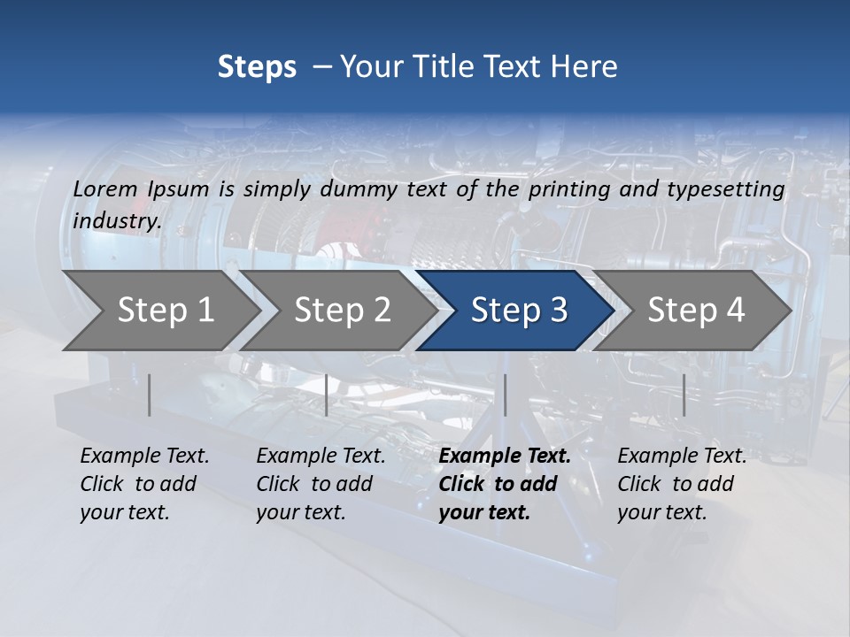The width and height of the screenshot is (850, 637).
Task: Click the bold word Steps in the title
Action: point(257,67)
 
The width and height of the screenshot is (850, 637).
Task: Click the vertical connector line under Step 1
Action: point(150,395)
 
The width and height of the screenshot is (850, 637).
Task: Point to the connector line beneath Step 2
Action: point(327,395)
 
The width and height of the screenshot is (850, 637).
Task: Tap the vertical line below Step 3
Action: point(505,395)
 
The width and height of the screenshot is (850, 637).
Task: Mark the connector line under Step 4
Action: point(684,395)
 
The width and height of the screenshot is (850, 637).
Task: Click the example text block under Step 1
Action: point(143,484)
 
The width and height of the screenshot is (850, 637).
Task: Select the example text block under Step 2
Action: point(320,484)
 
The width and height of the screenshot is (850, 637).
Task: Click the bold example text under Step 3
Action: point(504,484)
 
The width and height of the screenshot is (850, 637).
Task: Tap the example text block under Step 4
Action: point(681,484)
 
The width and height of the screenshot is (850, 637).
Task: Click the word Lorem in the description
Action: point(105,188)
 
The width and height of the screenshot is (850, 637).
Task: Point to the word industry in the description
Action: point(116,220)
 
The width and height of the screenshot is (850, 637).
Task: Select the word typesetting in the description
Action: point(725,188)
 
